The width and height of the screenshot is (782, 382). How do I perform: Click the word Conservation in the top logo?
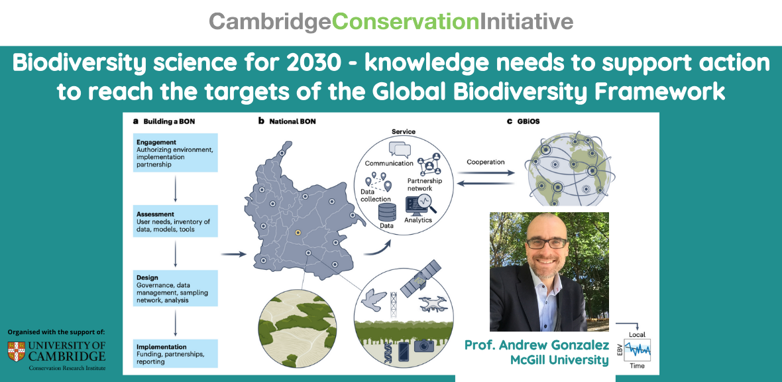coord(406,21)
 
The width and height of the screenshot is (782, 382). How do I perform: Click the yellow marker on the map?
coord(298,232)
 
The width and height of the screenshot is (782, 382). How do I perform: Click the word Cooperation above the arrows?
coord(485,162)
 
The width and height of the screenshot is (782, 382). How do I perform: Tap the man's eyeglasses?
coord(547,243)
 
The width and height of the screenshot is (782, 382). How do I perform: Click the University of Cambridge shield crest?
coord(17,351)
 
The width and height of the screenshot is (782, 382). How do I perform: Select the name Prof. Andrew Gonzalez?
coord(537,345)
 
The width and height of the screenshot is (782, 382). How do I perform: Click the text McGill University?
coord(560,360)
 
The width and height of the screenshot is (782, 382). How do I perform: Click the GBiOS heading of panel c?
coord(526,121)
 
